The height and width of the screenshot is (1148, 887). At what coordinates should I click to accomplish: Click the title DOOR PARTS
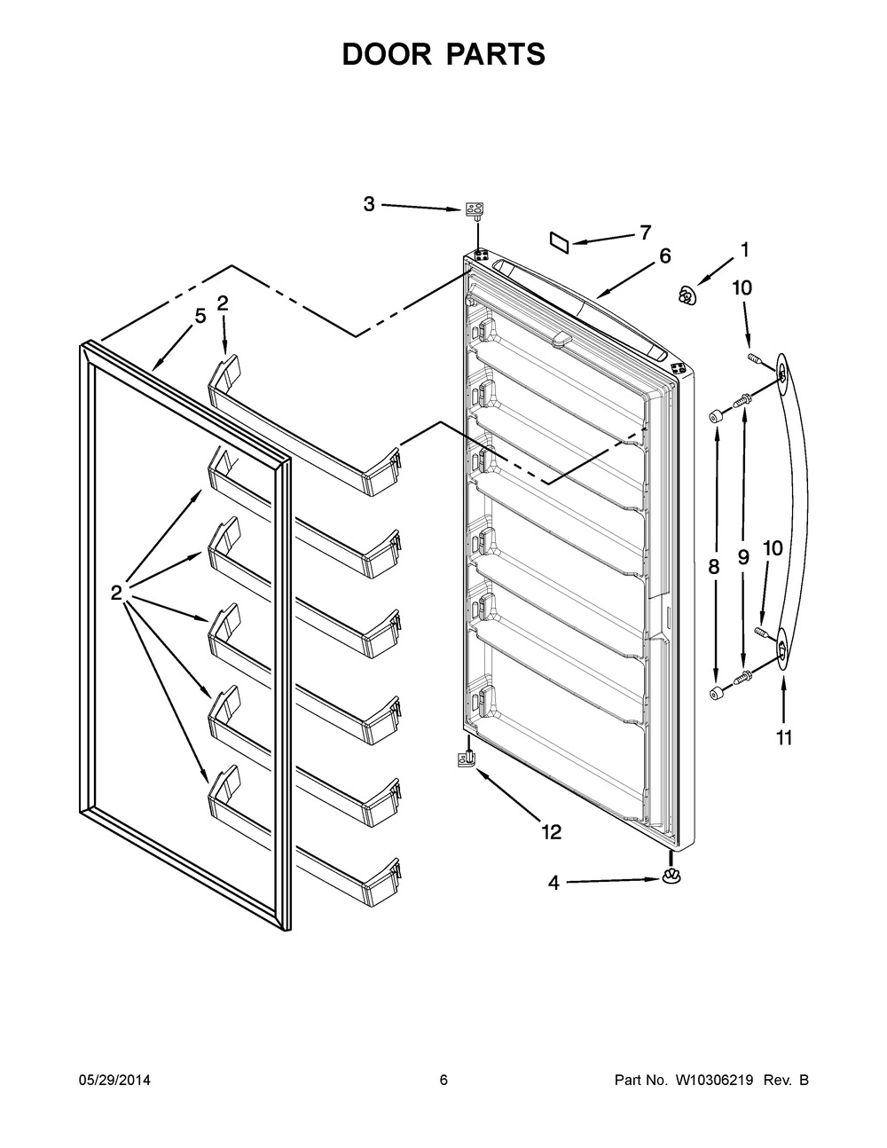443,54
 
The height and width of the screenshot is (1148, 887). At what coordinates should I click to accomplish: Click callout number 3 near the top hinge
369,205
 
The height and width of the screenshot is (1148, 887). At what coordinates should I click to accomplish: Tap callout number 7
645,232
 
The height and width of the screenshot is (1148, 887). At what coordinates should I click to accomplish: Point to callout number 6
664,256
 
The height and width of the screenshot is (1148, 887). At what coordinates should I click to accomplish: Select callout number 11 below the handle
784,737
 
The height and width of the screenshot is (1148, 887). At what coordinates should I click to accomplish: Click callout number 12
551,831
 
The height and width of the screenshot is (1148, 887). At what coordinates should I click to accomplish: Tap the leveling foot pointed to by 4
671,877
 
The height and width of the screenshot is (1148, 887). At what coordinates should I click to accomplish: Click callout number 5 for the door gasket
200,315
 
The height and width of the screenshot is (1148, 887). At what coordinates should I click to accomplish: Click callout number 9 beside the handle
743,557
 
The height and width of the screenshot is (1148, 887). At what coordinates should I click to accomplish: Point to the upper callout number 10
742,287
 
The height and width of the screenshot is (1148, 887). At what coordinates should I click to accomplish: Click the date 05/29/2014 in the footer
114,1080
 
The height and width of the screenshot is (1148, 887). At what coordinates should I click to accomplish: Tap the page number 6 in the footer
443,1080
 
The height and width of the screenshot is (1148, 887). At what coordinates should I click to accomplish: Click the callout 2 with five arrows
116,593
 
